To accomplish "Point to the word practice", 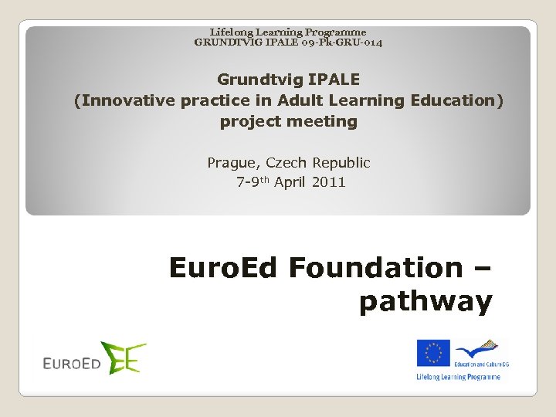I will tap(215, 100).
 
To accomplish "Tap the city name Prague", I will tap(233, 163).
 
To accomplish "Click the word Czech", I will tap(286, 163).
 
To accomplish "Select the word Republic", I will tap(341, 163).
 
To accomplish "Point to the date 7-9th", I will tap(252, 182).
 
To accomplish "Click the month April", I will tap(291, 182).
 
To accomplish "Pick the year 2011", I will tap(330, 182).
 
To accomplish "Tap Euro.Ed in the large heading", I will tap(225, 268).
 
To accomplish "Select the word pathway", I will tap(425, 302).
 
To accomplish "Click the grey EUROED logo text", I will tap(72, 362).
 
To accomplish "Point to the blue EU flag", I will tap(433, 353).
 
